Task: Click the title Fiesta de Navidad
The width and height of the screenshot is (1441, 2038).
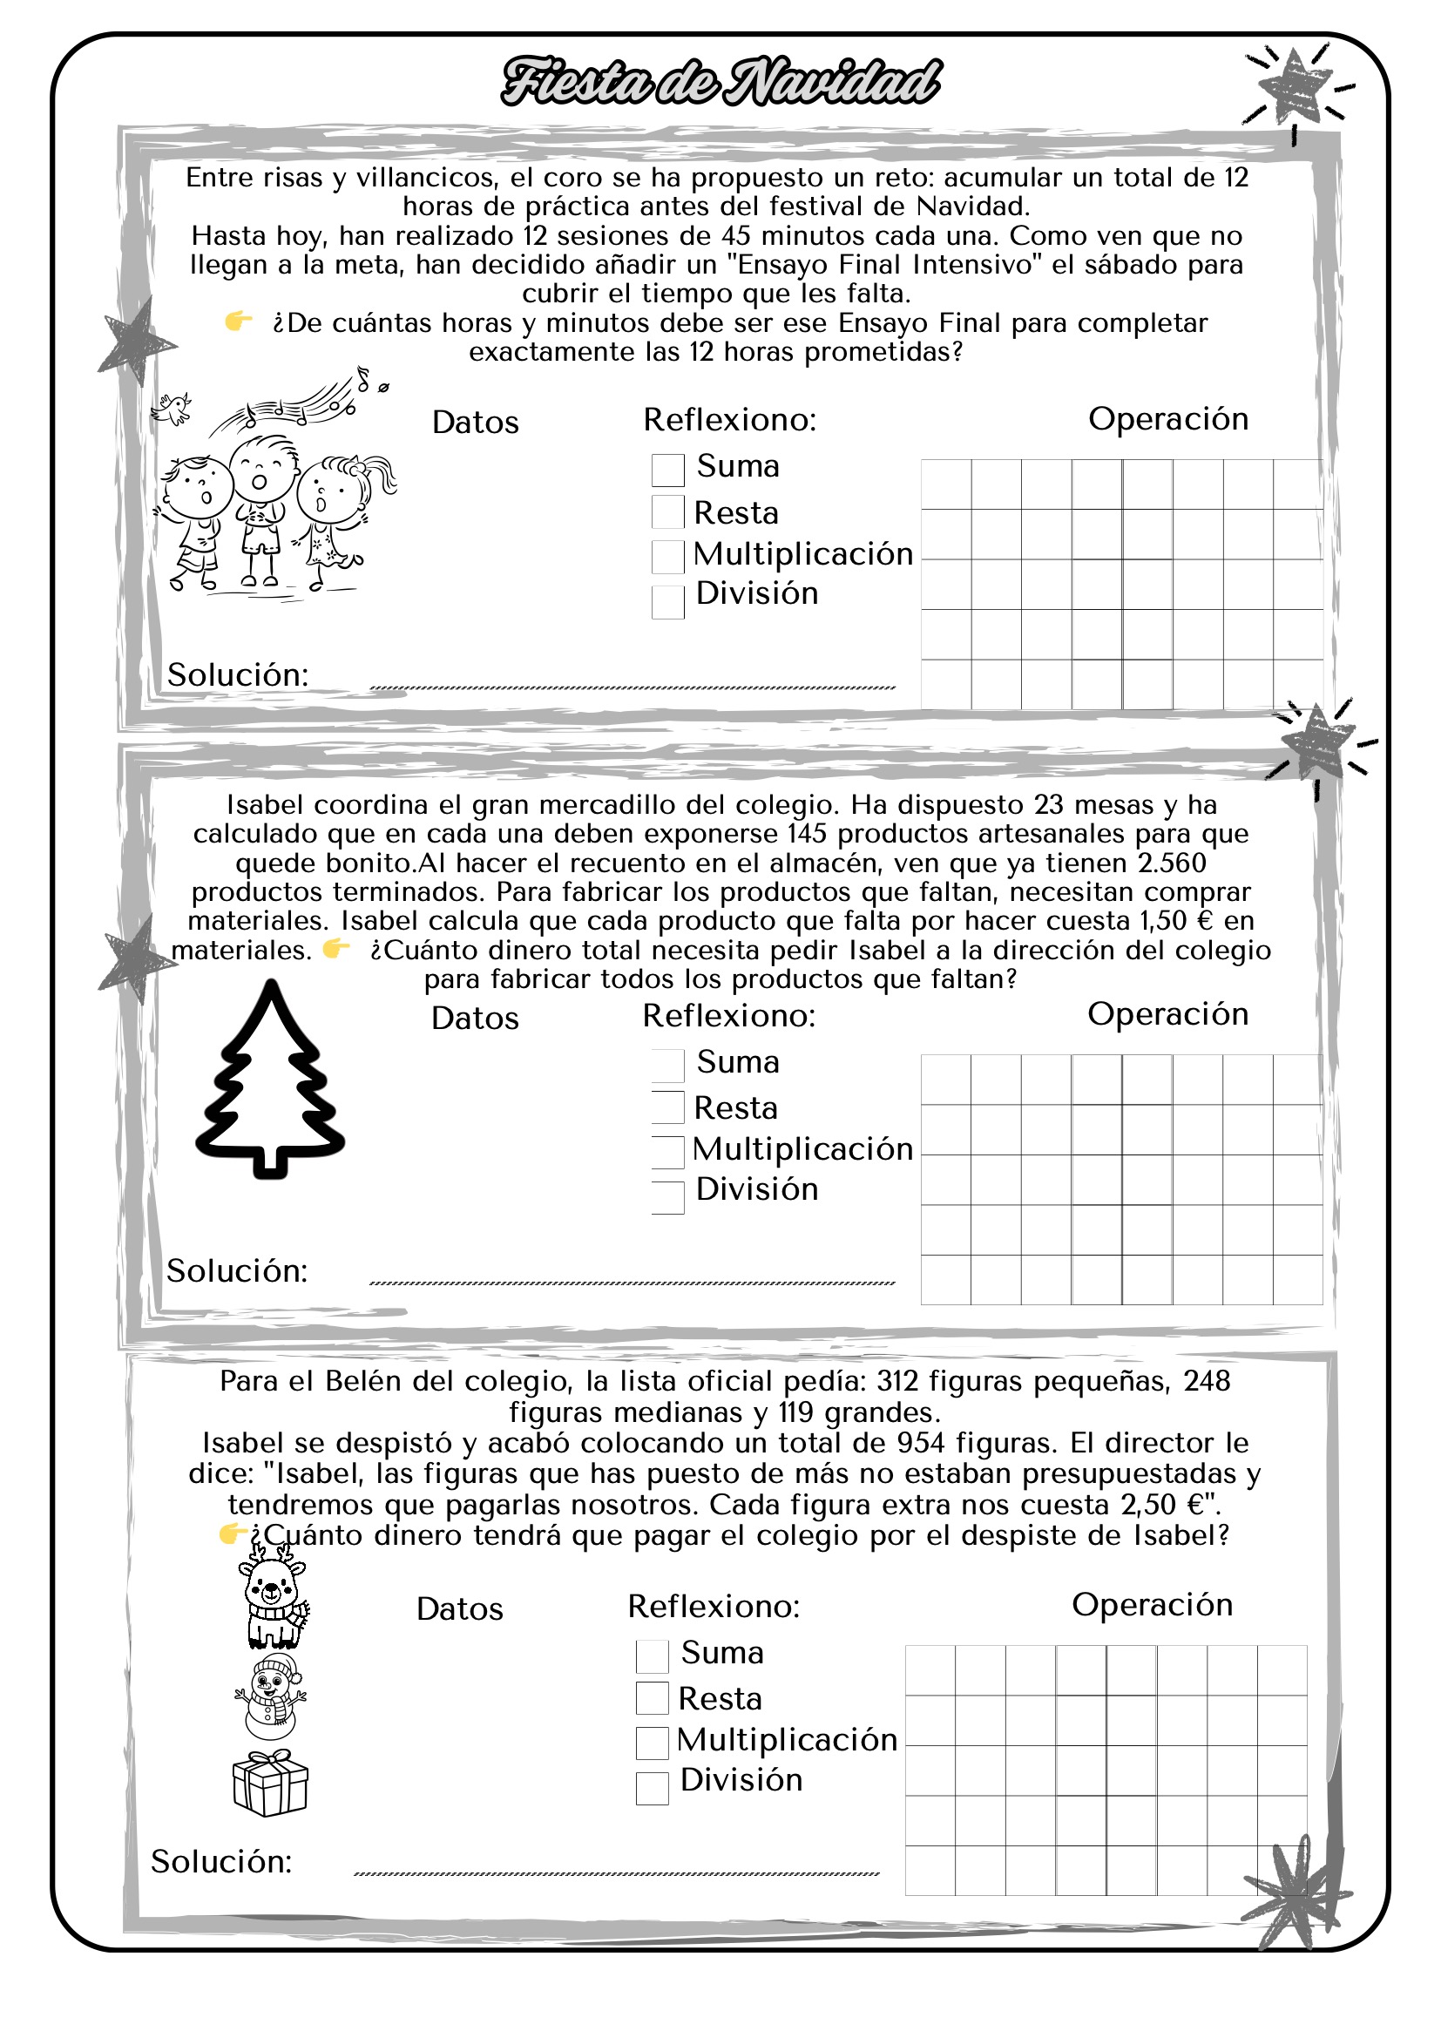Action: [x=720, y=82]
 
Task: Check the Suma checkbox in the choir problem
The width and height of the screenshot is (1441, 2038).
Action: [x=667, y=470]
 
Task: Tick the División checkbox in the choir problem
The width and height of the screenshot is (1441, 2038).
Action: [x=667, y=602]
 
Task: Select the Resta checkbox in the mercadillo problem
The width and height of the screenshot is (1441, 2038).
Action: [x=667, y=1107]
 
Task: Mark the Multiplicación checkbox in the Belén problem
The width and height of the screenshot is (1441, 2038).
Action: [x=653, y=1743]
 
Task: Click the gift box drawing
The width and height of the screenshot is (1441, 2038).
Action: [x=270, y=1784]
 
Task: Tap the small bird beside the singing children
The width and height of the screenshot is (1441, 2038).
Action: [x=173, y=408]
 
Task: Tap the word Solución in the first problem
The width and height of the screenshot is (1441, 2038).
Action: [x=238, y=674]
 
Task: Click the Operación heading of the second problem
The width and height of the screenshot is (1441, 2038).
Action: [x=1167, y=1013]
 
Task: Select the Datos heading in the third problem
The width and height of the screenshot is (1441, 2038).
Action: [x=460, y=1609]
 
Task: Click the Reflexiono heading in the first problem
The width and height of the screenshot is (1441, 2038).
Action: [x=729, y=420]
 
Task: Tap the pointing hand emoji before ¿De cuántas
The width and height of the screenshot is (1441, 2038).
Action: [x=239, y=321]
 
